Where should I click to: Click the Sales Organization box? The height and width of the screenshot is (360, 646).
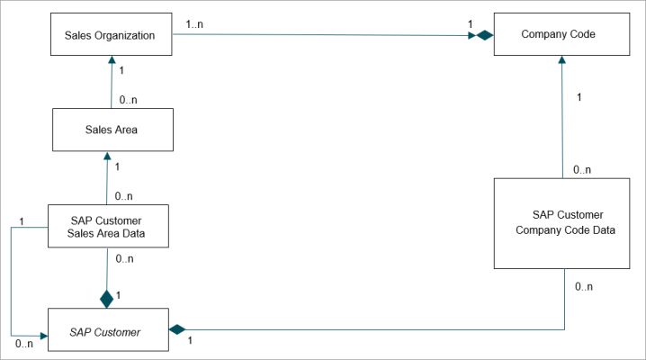coord(112,34)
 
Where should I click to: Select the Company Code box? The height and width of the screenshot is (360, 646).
coord(562,34)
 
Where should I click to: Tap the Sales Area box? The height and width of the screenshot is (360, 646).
coord(112,130)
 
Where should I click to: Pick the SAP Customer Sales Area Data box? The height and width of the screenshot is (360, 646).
coord(108,226)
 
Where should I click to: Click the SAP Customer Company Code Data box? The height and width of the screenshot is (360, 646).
coord(562,224)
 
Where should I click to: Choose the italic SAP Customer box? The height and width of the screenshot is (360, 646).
coord(108,329)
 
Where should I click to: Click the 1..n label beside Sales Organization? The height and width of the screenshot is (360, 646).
coord(194,24)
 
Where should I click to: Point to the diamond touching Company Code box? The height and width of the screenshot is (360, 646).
coord(485,35)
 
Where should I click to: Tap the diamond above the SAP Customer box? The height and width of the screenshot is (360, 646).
coord(107,300)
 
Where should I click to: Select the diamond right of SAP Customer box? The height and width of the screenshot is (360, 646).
coord(177,329)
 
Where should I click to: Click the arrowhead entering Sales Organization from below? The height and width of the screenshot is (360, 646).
coord(112,59)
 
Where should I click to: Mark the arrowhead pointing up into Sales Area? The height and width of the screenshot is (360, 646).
coord(108,156)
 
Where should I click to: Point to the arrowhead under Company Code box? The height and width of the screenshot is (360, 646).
coord(562,59)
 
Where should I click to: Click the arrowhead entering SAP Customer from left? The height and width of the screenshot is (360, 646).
coord(44,336)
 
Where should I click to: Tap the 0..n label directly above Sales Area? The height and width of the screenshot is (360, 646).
coord(128,100)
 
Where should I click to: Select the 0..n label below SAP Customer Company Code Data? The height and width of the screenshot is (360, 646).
coord(584,287)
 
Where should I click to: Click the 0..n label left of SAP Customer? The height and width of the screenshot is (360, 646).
coord(24,344)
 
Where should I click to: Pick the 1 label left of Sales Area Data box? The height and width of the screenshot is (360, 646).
coord(22,221)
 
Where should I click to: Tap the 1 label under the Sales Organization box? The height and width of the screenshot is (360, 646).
coord(121,70)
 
